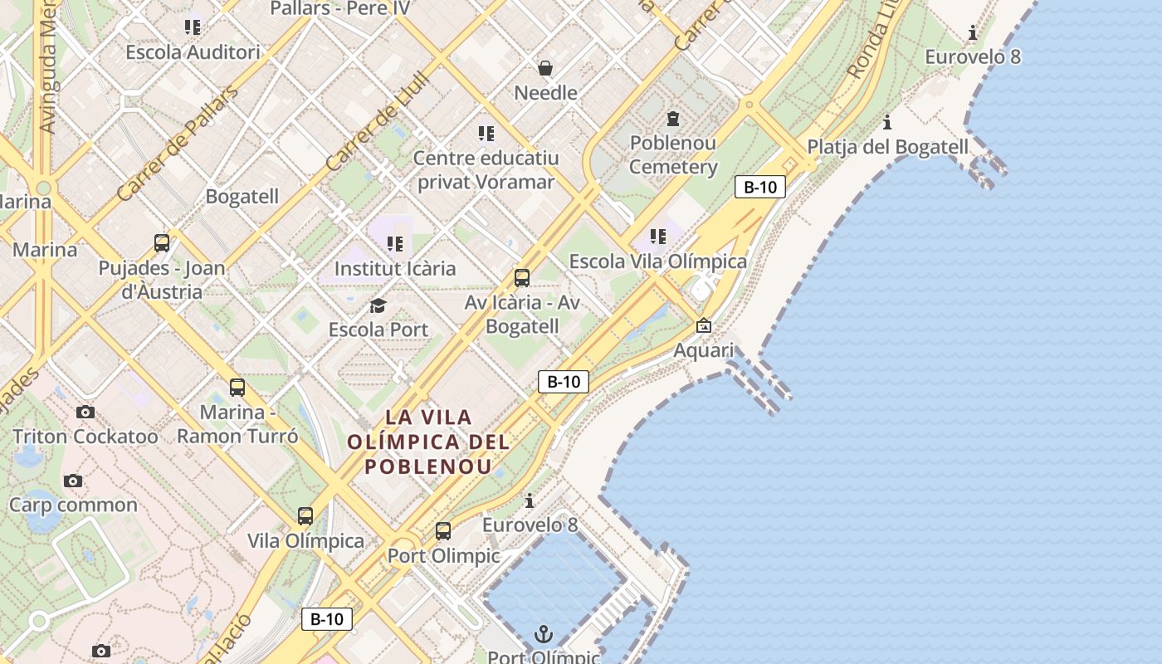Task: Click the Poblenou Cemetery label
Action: [x=672, y=154]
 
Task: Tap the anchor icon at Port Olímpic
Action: [x=543, y=635]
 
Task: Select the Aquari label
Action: [x=703, y=350]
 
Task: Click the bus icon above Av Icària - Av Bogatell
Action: [x=522, y=278]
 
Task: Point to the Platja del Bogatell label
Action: [x=887, y=147]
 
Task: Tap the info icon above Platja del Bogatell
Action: [x=887, y=123]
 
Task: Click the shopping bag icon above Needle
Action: [x=545, y=68]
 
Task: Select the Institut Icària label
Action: [x=394, y=268]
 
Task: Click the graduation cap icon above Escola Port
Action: [x=378, y=306]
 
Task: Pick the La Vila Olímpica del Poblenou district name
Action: [x=428, y=441]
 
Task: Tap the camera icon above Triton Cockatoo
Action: [x=85, y=413]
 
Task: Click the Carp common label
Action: [x=73, y=505]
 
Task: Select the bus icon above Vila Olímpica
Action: [x=305, y=516]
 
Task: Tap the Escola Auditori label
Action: [x=193, y=51]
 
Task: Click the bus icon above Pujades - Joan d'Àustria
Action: [x=162, y=243]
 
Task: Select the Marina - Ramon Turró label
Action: [x=237, y=424]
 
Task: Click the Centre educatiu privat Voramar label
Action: [x=486, y=169]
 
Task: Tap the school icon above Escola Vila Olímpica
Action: [x=658, y=237]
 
